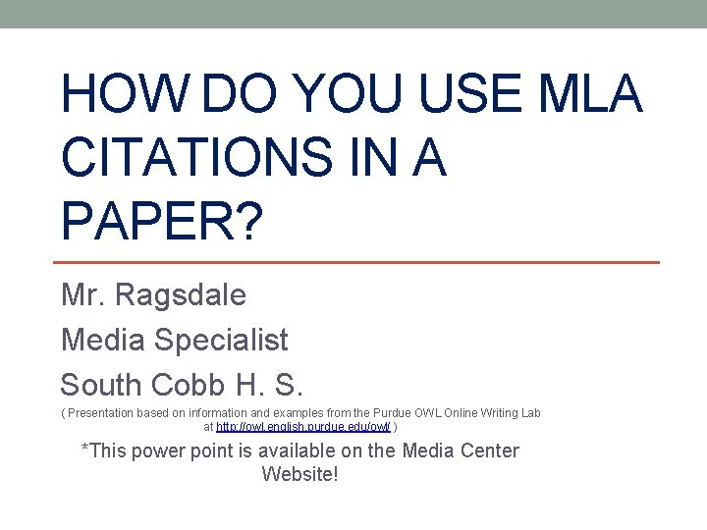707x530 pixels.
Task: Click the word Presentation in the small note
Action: coord(103,413)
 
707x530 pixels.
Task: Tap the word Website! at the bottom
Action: coord(299,474)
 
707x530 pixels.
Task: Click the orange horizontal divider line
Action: coord(354,262)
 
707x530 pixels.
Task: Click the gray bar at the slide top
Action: coord(353,14)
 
